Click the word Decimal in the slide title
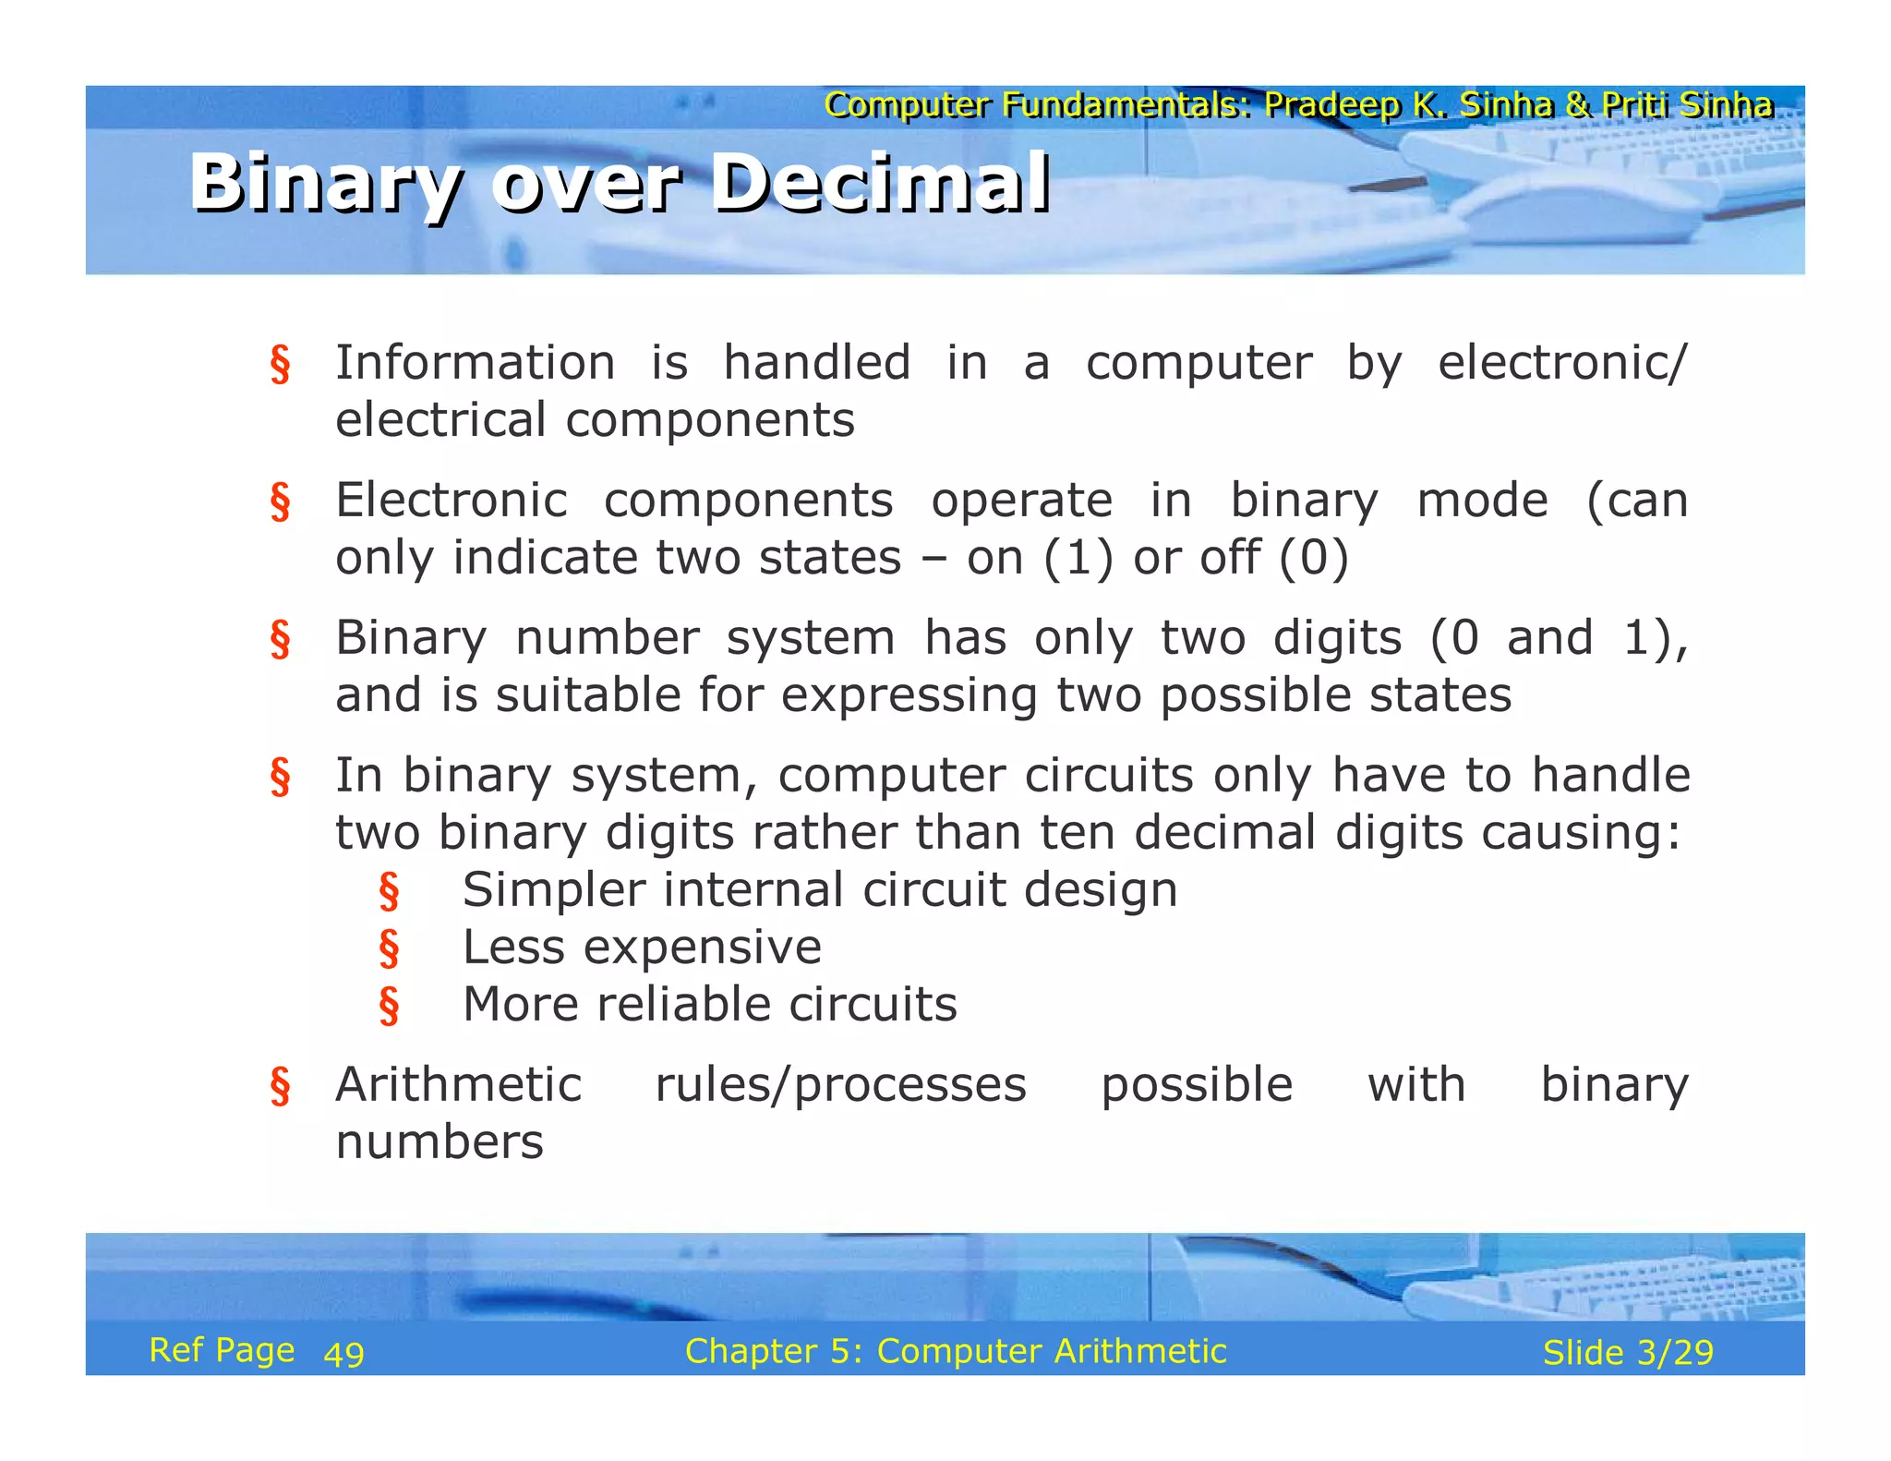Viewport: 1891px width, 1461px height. click(x=882, y=183)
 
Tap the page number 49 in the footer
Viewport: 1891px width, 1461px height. click(x=343, y=1354)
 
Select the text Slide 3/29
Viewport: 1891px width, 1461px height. click(x=1627, y=1352)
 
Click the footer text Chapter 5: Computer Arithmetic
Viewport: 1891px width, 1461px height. click(x=955, y=1351)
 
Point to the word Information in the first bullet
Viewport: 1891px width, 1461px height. click(x=475, y=362)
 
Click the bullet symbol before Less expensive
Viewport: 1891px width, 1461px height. click(x=389, y=948)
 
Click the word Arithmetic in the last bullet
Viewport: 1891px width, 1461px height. click(x=458, y=1084)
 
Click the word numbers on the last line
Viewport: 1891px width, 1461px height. click(x=440, y=1142)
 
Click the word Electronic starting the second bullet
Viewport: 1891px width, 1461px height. click(x=451, y=501)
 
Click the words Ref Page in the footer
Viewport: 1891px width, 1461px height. click(x=222, y=1350)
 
